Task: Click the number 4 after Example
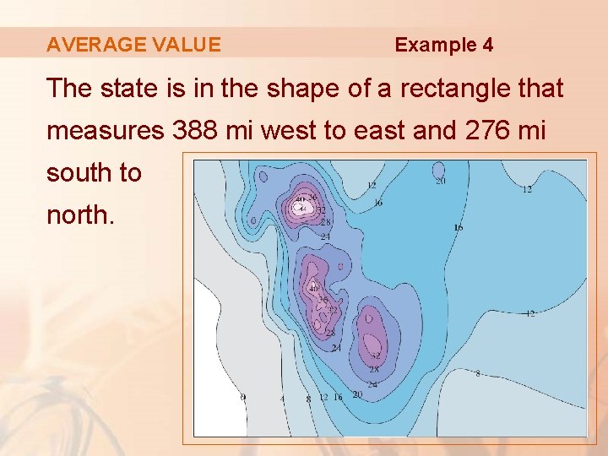488,45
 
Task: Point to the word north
78,215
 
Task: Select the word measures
105,131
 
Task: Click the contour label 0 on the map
243,396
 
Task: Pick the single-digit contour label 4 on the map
283,398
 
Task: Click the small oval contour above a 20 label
438,169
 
